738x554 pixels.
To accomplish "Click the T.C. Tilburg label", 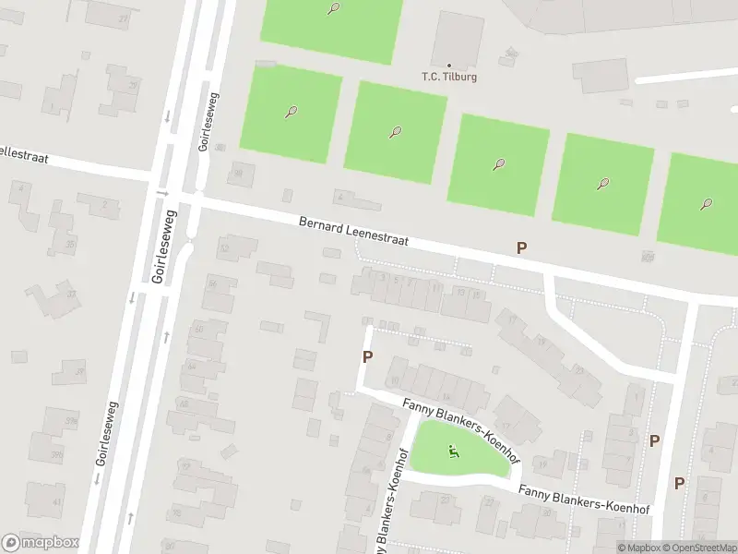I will [x=449, y=77].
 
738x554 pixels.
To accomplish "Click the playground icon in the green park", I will [x=453, y=451].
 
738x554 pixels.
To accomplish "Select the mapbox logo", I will [x=41, y=543].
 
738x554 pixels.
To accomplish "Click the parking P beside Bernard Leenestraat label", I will [x=521, y=247].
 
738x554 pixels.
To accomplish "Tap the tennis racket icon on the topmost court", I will [x=333, y=9].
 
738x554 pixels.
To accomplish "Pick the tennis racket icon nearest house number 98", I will [x=292, y=112].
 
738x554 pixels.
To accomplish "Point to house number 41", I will [x=56, y=502].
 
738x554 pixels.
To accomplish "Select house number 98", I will [x=240, y=173].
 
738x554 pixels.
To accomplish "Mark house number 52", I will [x=224, y=247].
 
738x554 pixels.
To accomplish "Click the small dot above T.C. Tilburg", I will [x=449, y=65].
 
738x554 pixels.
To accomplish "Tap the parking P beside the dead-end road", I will [x=367, y=357].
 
